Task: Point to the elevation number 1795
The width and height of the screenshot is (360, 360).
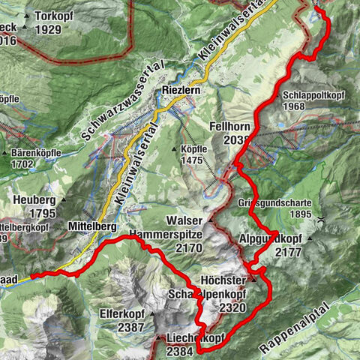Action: point(33,214)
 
